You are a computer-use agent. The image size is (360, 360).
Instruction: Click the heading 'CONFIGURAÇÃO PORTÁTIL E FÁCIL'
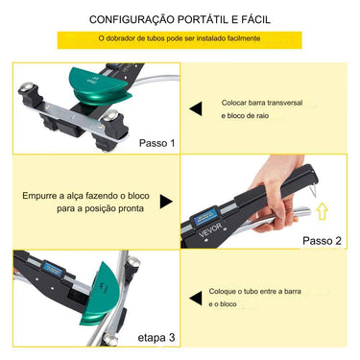(x=180, y=18)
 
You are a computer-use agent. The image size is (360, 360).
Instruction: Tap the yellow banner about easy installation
(x=180, y=39)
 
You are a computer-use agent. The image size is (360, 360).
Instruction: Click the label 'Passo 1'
(x=157, y=143)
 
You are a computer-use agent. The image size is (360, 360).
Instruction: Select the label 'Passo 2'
(x=323, y=240)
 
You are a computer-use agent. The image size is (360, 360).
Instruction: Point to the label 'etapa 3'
(x=157, y=337)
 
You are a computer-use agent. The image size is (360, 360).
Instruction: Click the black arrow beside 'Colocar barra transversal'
(x=196, y=109)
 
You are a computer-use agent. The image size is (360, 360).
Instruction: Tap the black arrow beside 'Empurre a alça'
(x=166, y=202)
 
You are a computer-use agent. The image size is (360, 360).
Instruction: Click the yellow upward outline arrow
(x=322, y=210)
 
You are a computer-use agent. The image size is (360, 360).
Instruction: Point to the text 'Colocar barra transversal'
(x=263, y=101)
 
